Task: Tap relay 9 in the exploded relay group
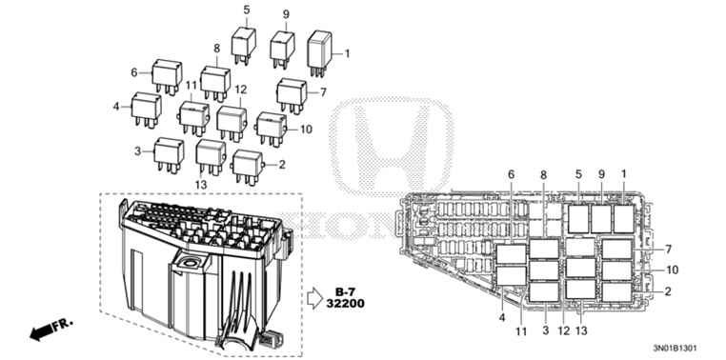point(283,47)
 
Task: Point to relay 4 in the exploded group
point(147,106)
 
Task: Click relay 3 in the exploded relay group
point(170,150)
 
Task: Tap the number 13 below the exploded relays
point(201,183)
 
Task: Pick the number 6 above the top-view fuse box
point(511,174)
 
